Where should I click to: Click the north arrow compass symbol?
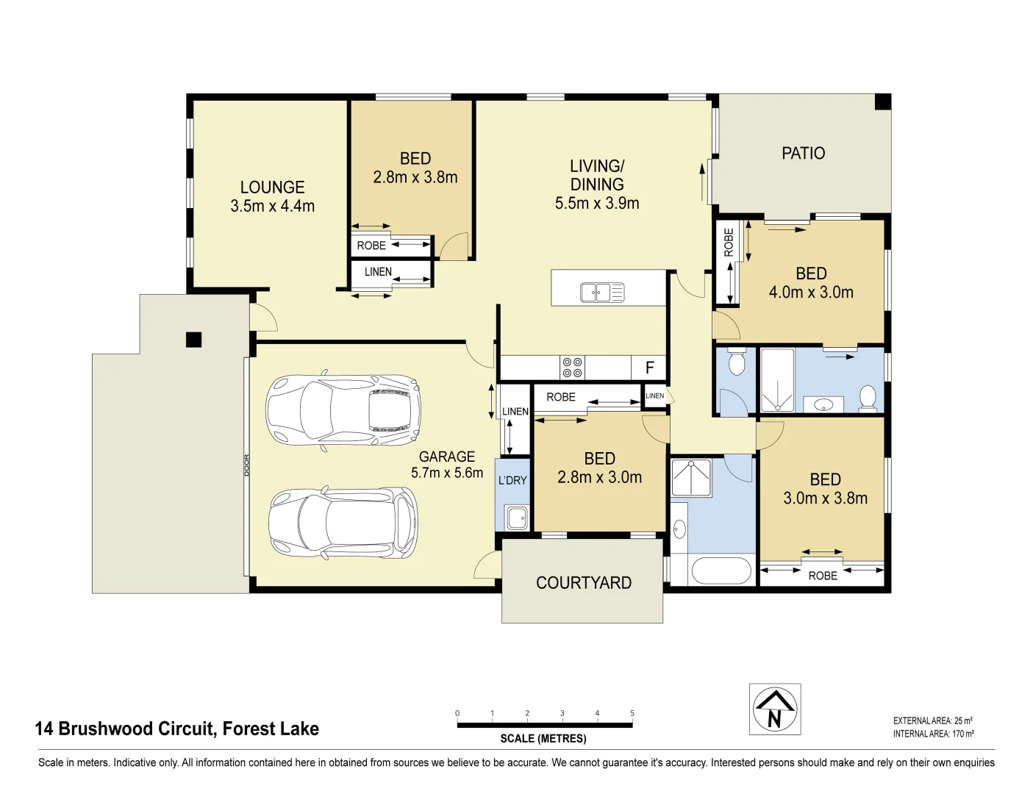pos(774,709)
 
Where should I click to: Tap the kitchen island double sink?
pos(602,292)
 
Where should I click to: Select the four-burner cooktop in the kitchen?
pos(572,368)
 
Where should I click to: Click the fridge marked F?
pos(649,368)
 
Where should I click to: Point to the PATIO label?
pos(803,154)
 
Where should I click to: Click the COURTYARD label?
pos(583,583)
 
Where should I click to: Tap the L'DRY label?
pos(512,480)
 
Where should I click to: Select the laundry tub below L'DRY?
pos(517,517)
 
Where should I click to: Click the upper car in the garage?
pos(343,410)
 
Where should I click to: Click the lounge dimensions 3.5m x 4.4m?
pos(272,207)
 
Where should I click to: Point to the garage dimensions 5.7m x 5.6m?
pos(447,473)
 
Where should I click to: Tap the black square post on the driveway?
pos(193,340)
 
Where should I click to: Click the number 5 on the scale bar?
pos(632,713)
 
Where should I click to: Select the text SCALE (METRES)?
pos(543,738)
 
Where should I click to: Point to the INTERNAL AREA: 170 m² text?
pos(933,734)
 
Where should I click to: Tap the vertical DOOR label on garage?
pos(247,465)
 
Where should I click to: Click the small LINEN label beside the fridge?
pos(654,396)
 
